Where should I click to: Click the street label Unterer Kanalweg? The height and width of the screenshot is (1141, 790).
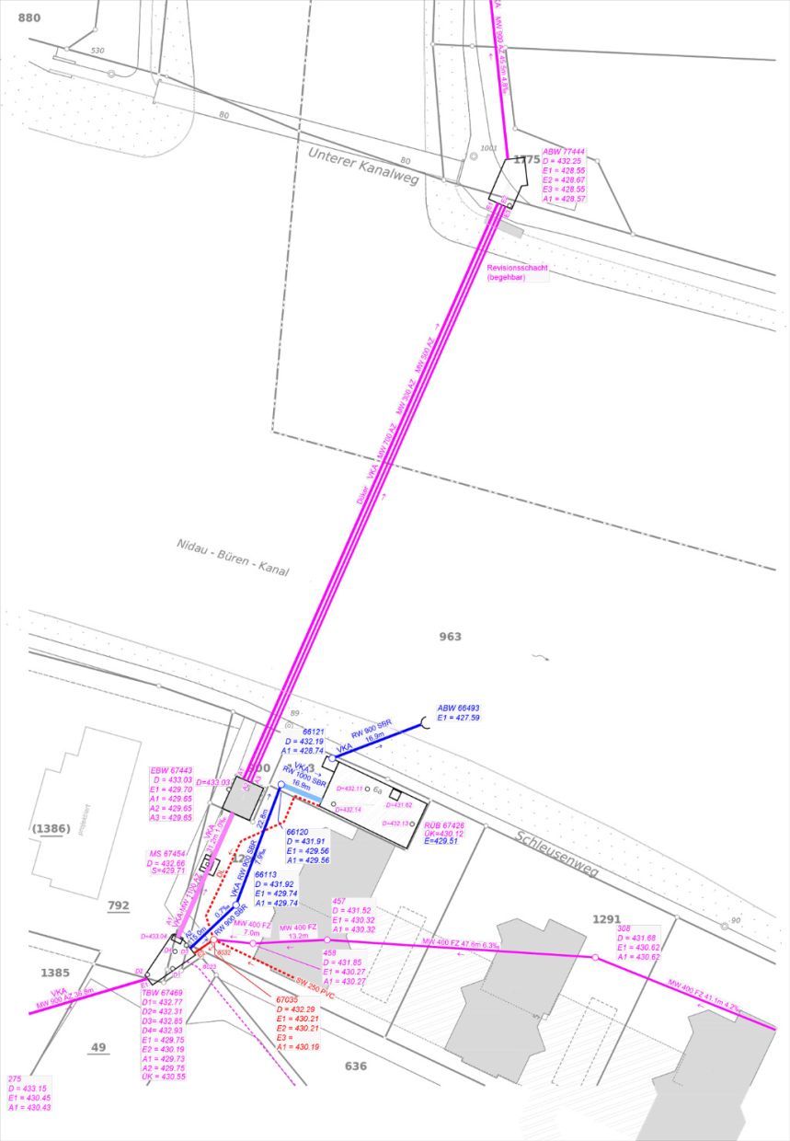[x=362, y=165]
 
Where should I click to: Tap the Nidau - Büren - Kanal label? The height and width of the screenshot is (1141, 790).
[x=233, y=558]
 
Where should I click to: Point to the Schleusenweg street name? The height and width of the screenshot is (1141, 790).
[x=557, y=854]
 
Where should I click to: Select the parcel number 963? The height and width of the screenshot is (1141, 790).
[x=451, y=637]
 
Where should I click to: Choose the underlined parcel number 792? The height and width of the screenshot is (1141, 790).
[x=119, y=906]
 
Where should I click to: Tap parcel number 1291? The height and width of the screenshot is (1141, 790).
[x=607, y=919]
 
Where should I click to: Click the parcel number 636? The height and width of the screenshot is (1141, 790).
[x=356, y=1066]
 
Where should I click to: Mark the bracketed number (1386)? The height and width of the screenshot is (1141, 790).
[x=51, y=829]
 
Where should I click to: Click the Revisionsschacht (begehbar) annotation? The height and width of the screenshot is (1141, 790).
[x=517, y=271]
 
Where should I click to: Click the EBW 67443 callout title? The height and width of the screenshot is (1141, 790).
[x=171, y=770]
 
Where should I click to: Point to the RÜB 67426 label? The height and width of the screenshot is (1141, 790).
[x=444, y=825]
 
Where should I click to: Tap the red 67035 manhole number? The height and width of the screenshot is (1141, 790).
[x=288, y=999]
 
